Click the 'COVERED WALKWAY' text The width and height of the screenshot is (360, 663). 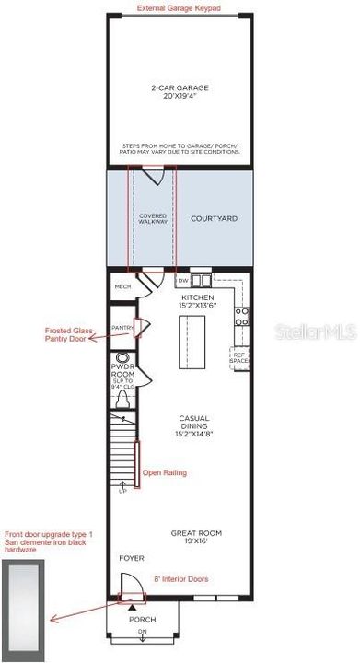(x=153, y=219)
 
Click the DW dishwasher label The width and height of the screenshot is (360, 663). (x=182, y=280)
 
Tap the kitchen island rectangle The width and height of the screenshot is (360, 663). (x=201, y=341)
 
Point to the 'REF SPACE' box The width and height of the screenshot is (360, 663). (x=239, y=358)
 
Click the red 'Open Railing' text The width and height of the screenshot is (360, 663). (x=164, y=472)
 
